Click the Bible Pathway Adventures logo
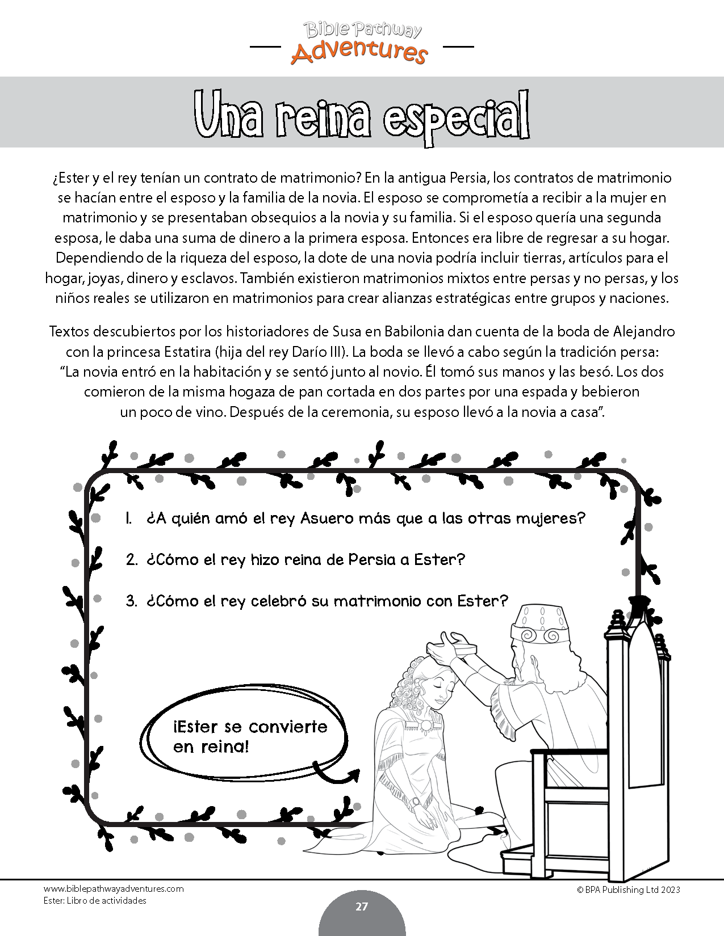pos(362,43)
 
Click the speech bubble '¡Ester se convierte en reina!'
pos(250,736)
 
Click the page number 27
pos(362,907)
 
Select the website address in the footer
pos(114,889)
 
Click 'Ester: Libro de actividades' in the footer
pos(95,901)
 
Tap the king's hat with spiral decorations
pos(536,624)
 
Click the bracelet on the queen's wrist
pos(416,802)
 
